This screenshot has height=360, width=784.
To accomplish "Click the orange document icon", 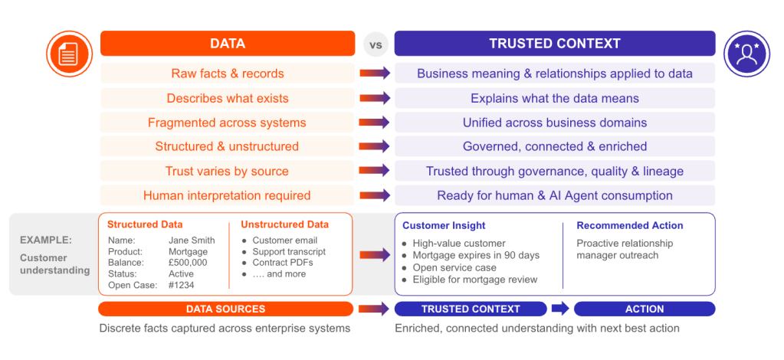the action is (x=70, y=54).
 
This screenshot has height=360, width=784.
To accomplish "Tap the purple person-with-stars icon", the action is (x=747, y=54).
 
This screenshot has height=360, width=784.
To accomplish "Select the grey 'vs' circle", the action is (x=376, y=44).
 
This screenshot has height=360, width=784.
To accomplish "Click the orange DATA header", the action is (x=228, y=44).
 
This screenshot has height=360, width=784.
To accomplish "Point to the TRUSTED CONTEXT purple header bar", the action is (x=555, y=44).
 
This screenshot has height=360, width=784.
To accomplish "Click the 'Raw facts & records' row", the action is (x=228, y=74).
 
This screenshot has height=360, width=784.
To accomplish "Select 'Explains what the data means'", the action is (x=555, y=98).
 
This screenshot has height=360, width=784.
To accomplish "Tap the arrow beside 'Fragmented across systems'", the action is (x=375, y=123).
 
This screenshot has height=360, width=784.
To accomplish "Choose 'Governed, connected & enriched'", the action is (x=555, y=146).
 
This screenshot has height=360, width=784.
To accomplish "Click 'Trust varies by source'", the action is (x=227, y=171).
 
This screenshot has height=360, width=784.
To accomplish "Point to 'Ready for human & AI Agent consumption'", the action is (x=555, y=195).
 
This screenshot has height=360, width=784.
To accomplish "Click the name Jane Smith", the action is (x=192, y=241).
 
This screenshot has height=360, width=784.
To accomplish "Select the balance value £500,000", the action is (x=188, y=263).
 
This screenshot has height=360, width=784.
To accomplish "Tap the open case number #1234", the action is (x=182, y=285).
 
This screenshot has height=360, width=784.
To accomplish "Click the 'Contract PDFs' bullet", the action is (x=277, y=263).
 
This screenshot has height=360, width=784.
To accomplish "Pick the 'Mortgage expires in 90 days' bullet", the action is (x=471, y=256).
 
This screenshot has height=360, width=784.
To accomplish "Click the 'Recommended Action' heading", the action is (x=629, y=225).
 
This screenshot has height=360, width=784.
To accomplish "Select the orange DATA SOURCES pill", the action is (x=226, y=309).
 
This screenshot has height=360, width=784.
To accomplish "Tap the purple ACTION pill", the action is (x=645, y=309).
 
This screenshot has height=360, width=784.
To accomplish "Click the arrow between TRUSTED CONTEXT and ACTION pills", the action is (x=560, y=309).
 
